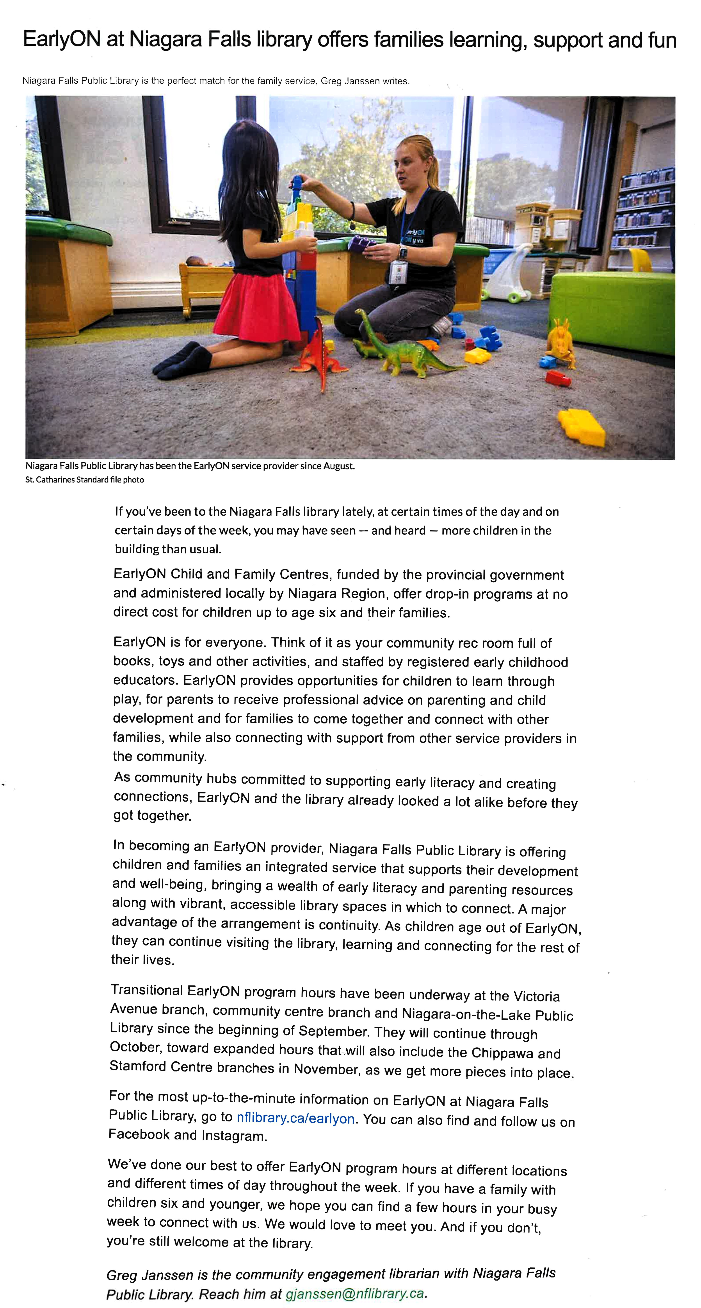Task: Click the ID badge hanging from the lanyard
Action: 398,272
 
